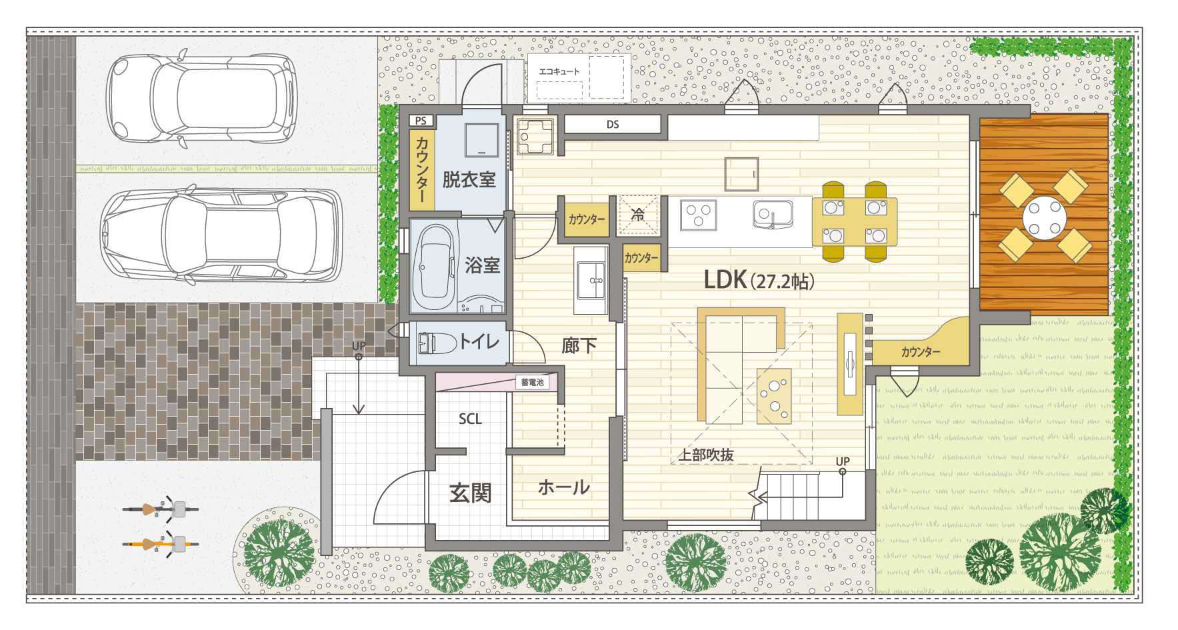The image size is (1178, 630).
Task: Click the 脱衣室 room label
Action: coord(469,179)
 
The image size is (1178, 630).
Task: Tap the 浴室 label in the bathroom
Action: coord(483,265)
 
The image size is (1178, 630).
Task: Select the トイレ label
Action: coord(479,342)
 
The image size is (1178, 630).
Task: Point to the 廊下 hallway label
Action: coord(579,345)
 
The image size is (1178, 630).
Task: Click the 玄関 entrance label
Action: coord(471,493)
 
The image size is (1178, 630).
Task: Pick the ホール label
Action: coord(564,487)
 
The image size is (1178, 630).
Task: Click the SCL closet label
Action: coord(470,419)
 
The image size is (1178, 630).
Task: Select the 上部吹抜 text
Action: coord(706,455)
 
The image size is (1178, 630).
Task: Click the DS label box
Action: coord(613,125)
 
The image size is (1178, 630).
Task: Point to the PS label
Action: coord(421,121)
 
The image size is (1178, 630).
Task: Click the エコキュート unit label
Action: coord(559,71)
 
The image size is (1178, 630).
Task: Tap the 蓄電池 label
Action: coord(532,382)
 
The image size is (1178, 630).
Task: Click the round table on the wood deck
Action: coord(1045,217)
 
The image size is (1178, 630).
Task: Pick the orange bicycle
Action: coord(161,544)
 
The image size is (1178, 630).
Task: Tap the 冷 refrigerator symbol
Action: coord(638,215)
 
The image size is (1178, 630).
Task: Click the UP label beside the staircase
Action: coord(843,461)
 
